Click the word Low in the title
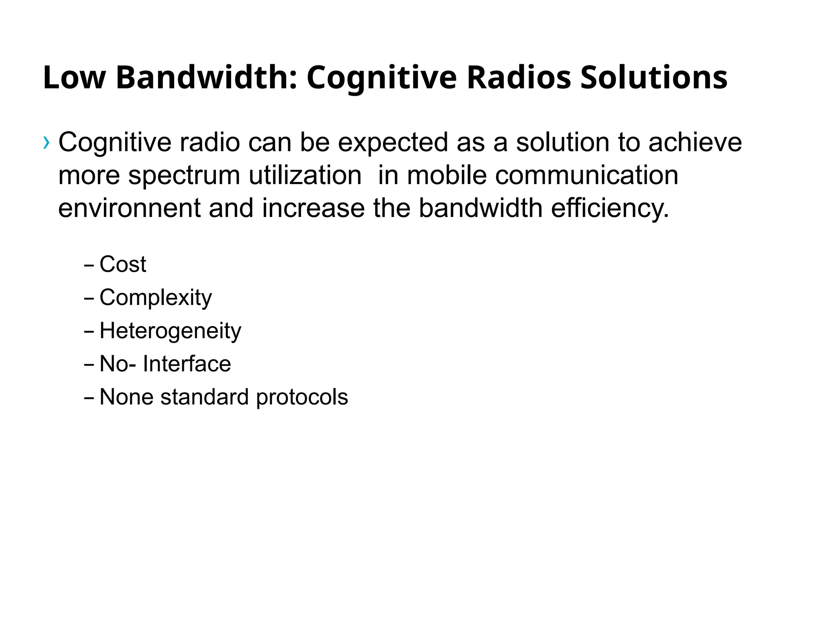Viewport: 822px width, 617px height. pos(74,77)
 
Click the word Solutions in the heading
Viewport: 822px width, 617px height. pos(654,77)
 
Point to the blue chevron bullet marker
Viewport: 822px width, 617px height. pos(47,142)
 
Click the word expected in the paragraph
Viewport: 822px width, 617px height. pos(393,142)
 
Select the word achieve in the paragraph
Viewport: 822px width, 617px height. pos(695,142)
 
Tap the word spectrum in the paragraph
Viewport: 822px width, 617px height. pos(184,176)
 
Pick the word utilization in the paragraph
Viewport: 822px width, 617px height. pos(305,176)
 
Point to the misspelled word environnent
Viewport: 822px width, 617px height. pos(129,208)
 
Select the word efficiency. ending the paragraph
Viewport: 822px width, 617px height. pos(610,208)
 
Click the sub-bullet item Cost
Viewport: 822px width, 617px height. pos(123,264)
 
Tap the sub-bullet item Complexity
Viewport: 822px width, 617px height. pos(156,298)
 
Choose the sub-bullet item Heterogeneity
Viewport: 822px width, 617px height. pos(170,331)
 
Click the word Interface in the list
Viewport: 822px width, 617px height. pos(187,364)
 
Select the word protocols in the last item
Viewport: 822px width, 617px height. pos(302,397)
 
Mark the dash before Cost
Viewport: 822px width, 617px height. pos(89,266)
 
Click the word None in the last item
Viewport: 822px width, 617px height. pos(126,397)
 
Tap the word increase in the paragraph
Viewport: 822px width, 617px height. pos(313,208)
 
